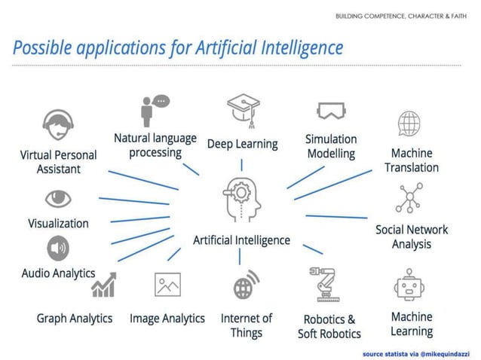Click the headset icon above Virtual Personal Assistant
[x=58, y=125]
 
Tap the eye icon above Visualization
[x=58, y=198]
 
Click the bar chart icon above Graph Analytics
[x=104, y=285]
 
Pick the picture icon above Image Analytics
[x=167, y=285]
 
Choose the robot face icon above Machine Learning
[x=411, y=285]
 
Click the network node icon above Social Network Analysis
[x=411, y=199]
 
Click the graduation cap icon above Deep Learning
[x=242, y=109]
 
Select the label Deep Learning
[x=242, y=143]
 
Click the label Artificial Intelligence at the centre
[x=241, y=240]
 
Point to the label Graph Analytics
[x=74, y=319]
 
